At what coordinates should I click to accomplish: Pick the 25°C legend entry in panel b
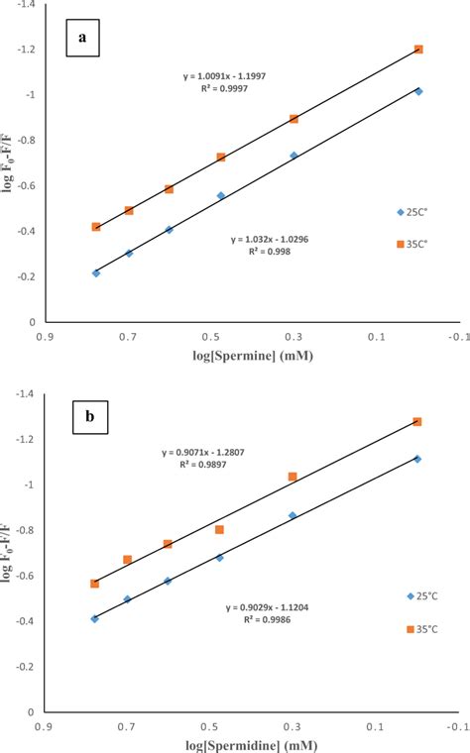click(422, 595)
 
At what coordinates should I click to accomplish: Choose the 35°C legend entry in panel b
click(422, 629)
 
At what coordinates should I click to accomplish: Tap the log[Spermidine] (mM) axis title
click(234, 743)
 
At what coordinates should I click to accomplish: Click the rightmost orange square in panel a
click(418, 50)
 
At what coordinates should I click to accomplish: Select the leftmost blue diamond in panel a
click(96, 272)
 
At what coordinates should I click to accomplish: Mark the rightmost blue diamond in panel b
click(417, 459)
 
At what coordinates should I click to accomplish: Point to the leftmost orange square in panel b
click(95, 584)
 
